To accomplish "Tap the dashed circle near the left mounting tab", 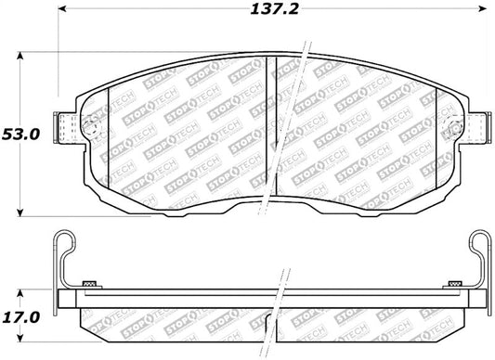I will click(x=90, y=128).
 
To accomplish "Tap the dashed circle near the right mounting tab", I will click(x=455, y=128).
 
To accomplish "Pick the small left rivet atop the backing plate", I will click(x=90, y=282).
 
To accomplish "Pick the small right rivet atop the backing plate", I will click(x=454, y=282).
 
